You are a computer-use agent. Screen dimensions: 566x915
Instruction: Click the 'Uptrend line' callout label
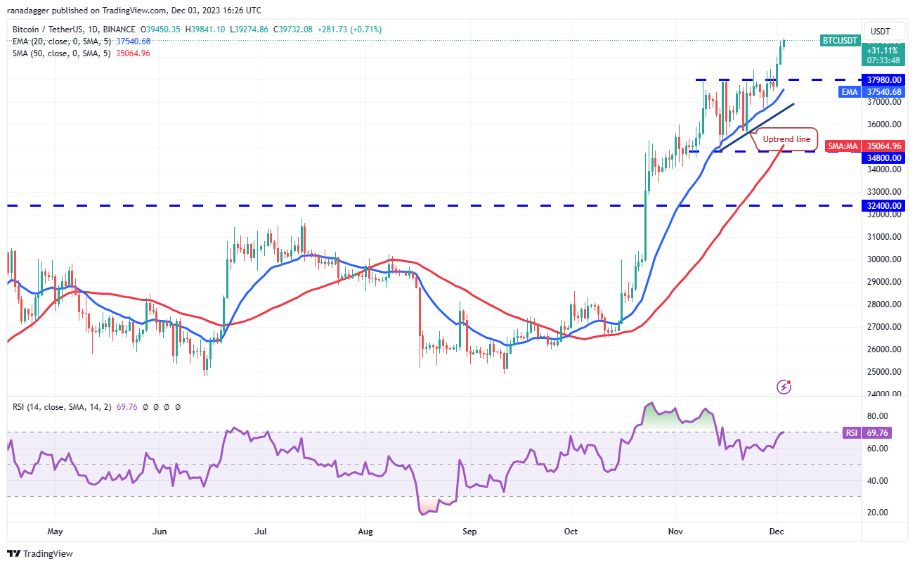pyautogui.click(x=786, y=139)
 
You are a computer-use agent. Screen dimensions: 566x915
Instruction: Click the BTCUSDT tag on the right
pyautogui.click(x=840, y=41)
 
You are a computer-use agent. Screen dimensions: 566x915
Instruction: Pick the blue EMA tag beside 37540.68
pyautogui.click(x=850, y=91)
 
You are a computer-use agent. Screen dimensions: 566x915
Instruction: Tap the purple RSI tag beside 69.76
pyautogui.click(x=852, y=432)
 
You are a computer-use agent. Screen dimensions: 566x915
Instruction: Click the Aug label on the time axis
pyautogui.click(x=365, y=532)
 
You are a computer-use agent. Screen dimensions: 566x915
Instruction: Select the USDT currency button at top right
pyautogui.click(x=880, y=31)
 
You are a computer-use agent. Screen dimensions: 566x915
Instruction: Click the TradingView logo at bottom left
pyautogui.click(x=41, y=553)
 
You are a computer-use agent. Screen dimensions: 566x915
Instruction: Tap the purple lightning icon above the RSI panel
pyautogui.click(x=784, y=387)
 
